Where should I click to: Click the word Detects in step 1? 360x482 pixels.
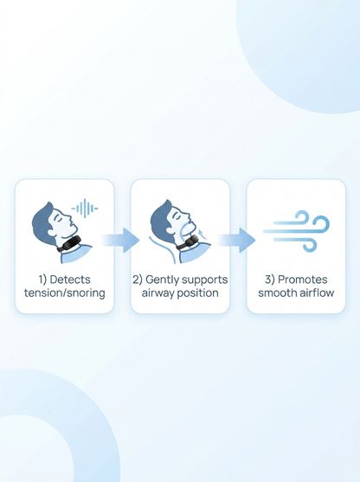pyautogui.click(x=70, y=280)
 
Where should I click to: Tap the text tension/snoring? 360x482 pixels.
pyautogui.click(x=65, y=293)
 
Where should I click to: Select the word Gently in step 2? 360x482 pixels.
pyautogui.click(x=162, y=280)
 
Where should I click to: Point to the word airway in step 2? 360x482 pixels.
pyautogui.click(x=158, y=293)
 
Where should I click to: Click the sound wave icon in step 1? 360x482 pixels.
pyautogui.click(x=85, y=209)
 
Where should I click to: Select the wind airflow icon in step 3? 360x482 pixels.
pyautogui.click(x=296, y=231)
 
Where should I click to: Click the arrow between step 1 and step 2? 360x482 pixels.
pyautogui.click(x=120, y=240)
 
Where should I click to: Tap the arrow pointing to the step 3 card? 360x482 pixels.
pyautogui.click(x=236, y=240)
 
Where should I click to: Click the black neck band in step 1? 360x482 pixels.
pyautogui.click(x=69, y=244)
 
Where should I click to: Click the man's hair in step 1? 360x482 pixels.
pyautogui.click(x=42, y=220)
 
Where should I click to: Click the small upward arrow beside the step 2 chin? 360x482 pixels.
pyautogui.click(x=202, y=234)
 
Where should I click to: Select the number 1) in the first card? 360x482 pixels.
pyautogui.click(x=42, y=280)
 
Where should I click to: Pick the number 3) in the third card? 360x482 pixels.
pyautogui.click(x=270, y=280)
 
